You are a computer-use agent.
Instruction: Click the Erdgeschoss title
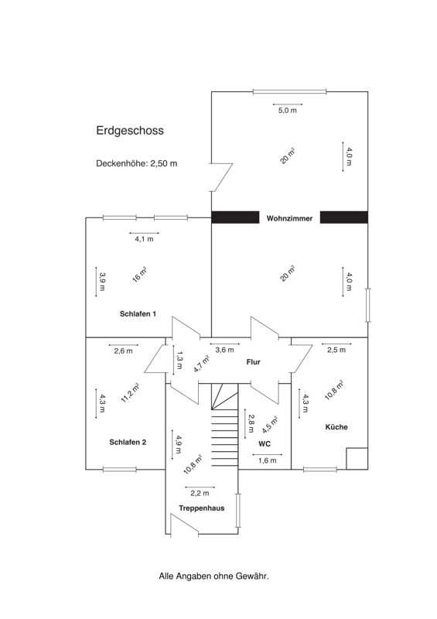130,131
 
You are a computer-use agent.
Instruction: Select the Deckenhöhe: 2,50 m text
137,163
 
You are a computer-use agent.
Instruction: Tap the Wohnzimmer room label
289,218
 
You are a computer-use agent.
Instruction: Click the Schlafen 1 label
138,314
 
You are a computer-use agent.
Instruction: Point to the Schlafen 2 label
128,442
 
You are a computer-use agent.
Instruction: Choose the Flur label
254,361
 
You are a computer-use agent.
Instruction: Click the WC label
265,443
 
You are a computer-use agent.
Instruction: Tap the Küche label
336,427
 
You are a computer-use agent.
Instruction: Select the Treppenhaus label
201,508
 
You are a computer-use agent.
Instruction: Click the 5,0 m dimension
288,111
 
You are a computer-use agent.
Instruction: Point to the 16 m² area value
139,275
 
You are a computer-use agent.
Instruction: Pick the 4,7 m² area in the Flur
201,364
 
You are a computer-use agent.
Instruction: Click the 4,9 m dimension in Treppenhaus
179,444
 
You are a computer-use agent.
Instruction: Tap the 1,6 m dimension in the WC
268,460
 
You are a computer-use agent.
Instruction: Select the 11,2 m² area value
130,393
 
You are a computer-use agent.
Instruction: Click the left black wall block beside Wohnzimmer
235,217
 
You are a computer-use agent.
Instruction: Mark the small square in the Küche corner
357,458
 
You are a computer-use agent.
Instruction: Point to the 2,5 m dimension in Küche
336,350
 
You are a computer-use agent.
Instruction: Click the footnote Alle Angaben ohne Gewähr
213,576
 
